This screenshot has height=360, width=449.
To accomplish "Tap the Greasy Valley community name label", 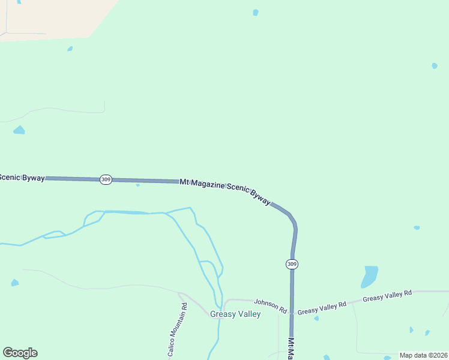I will tap(235, 314).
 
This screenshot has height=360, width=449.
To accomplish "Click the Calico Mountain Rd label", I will tap(178, 329).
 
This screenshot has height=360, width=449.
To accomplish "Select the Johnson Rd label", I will tap(270, 305).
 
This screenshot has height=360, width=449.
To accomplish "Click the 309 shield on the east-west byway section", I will tap(106, 179).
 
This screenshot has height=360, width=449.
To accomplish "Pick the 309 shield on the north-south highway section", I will tap(292, 264).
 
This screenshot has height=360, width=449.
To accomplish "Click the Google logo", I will tap(20, 353).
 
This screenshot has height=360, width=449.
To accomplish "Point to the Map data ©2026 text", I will tap(423, 355).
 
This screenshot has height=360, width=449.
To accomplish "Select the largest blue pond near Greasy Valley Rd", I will tap(370, 276).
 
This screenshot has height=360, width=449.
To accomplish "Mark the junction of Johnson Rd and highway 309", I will tap(292, 313).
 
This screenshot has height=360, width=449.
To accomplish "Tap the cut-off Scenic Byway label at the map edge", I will tap(22, 177).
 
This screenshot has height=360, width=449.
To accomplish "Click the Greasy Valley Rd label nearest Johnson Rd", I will tap(322, 308).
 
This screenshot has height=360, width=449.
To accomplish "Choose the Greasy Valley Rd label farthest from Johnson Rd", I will tap(387, 296).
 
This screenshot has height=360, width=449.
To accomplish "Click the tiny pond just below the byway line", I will tap(137, 185).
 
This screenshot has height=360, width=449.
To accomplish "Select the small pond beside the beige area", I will tap(70, 49).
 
